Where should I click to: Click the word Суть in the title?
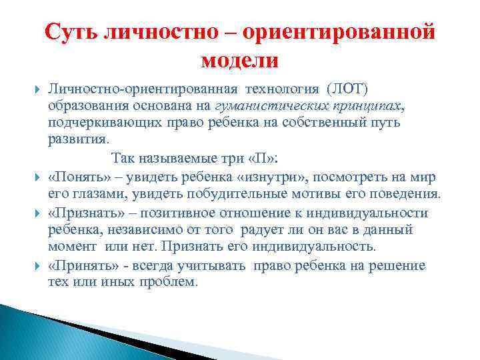tap(72, 33)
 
